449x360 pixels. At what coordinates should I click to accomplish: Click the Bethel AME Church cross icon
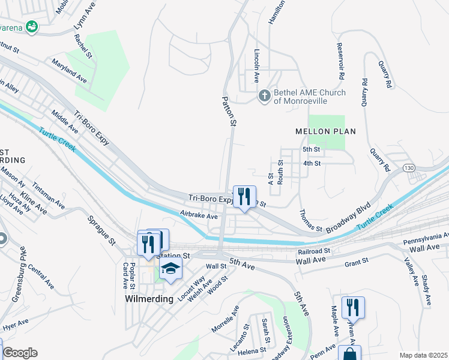pos(264,95)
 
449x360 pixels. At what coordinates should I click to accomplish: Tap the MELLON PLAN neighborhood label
pos(325,131)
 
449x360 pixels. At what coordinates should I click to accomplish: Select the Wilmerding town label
pos(149,298)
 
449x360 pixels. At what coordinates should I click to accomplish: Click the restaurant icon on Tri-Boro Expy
pos(244,196)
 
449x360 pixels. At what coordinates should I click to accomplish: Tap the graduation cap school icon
pos(170,269)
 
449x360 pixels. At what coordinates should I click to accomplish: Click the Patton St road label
pos(229,111)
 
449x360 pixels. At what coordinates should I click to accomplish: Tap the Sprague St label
pos(103,230)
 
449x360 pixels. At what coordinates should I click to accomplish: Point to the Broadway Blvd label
pos(347,217)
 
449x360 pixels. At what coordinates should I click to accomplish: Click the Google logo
pos(20,352)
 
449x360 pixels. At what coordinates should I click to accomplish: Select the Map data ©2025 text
pos(423,355)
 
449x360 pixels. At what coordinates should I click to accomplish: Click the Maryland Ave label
pos(69,71)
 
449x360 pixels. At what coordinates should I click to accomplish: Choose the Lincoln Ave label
pos(256,65)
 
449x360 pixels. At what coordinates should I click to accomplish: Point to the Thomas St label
pos(311,220)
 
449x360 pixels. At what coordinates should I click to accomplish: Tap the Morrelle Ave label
pos(225,319)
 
